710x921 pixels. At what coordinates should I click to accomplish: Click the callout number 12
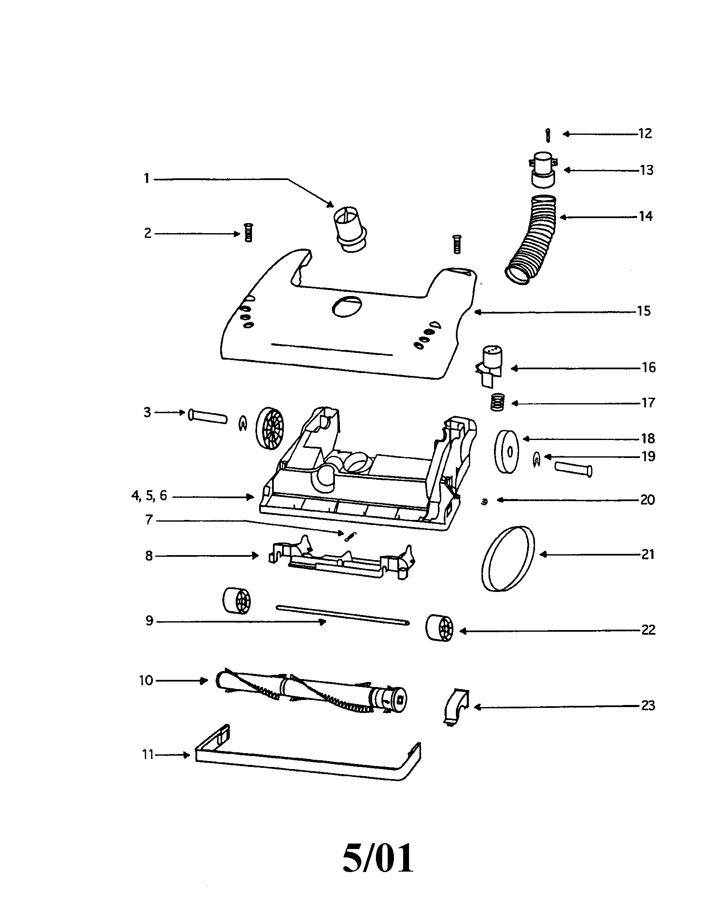[645, 134]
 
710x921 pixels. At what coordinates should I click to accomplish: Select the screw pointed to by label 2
[248, 232]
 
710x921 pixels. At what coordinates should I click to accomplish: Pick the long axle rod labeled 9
[342, 615]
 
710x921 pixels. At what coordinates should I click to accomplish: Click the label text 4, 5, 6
[149, 496]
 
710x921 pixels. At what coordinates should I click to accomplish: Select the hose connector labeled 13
[543, 170]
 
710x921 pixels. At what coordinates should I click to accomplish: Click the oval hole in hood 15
[347, 306]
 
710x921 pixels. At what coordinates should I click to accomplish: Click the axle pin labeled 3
[208, 417]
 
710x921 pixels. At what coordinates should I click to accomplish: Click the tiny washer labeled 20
[484, 502]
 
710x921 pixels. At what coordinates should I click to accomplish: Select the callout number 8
[149, 556]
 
